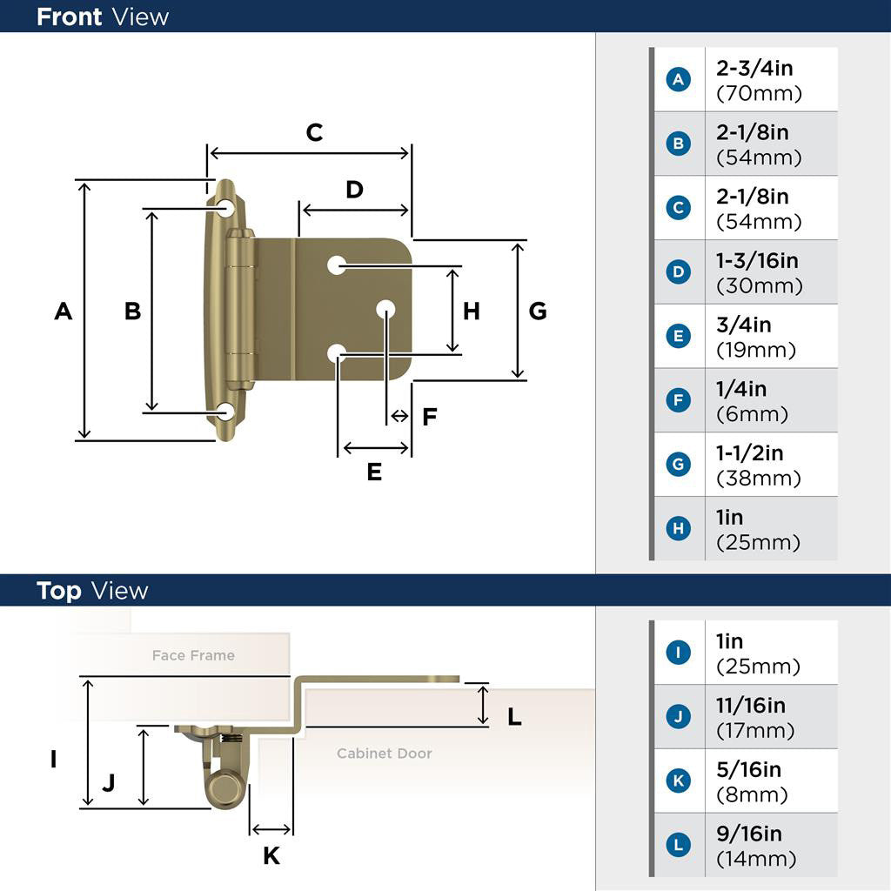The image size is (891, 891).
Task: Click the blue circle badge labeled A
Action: [x=678, y=79]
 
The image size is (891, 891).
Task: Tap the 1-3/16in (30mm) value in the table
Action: [x=759, y=272]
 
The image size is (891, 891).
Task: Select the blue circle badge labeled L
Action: [x=678, y=844]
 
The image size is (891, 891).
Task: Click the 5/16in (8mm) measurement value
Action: [x=751, y=781]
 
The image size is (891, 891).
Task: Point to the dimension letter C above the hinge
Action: [x=314, y=132]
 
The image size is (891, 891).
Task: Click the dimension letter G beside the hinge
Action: [x=538, y=311]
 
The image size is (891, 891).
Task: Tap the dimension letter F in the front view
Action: [x=430, y=417]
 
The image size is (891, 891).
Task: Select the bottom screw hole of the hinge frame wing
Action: [x=226, y=412]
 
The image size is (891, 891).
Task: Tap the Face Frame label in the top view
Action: [x=193, y=655]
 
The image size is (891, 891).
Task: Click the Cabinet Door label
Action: [x=384, y=753]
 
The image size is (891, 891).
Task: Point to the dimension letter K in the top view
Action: [x=271, y=855]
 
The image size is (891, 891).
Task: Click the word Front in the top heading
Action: [x=70, y=17]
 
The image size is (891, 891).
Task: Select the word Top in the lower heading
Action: [x=59, y=591]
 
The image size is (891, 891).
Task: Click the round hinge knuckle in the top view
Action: [x=224, y=789]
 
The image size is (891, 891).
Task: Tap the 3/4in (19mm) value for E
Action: [x=756, y=337]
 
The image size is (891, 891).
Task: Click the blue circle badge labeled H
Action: [x=678, y=528]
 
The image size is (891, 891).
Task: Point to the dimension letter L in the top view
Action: [x=514, y=717]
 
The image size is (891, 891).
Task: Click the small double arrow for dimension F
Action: [x=399, y=416]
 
